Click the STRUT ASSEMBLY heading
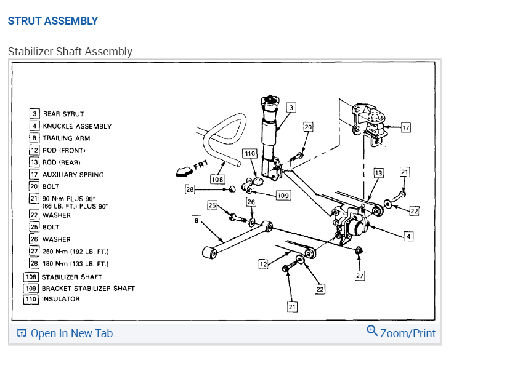(52, 21)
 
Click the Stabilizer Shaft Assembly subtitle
(70, 51)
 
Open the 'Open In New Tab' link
(65, 333)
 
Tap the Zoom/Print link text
(407, 333)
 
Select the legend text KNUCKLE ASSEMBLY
(77, 126)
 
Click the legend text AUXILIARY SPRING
(73, 175)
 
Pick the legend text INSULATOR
(60, 299)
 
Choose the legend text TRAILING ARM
(66, 138)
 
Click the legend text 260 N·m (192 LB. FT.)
(75, 252)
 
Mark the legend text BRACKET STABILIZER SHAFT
(87, 288)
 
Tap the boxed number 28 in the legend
(34, 263)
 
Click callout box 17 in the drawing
(405, 128)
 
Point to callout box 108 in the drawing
(217, 179)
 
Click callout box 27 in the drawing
(360, 276)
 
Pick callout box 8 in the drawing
(196, 220)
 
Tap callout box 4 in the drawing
(408, 236)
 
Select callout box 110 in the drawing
(249, 153)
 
